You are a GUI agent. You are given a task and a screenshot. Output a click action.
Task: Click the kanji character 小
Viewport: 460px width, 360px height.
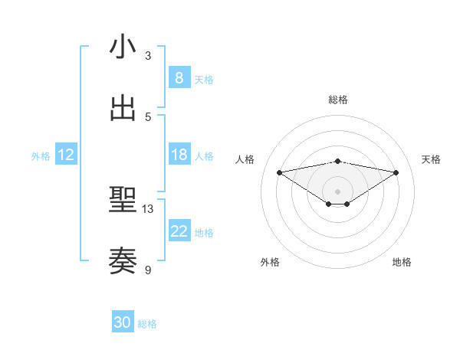[123, 47]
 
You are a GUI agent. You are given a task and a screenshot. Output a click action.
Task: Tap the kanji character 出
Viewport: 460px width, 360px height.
[123, 108]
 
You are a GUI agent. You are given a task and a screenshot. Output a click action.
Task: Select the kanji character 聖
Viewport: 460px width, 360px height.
[123, 200]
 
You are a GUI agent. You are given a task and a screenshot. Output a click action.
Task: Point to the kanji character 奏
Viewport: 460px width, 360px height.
[123, 261]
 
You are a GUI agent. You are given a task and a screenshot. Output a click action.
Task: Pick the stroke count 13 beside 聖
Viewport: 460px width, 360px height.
[148, 209]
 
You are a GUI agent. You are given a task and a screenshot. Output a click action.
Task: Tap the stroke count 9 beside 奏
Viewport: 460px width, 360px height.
[148, 270]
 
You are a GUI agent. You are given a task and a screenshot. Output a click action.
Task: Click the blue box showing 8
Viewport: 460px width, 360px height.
[179, 77]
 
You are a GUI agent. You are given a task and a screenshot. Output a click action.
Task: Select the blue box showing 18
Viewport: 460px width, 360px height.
[179, 154]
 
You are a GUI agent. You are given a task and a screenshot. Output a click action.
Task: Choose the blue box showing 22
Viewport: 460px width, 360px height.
[179, 231]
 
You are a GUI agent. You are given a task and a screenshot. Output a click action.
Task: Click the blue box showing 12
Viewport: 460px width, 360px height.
[66, 155]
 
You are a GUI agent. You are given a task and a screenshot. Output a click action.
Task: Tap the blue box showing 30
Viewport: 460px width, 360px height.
[122, 322]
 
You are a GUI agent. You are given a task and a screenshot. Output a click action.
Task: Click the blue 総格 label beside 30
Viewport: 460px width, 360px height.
[147, 324]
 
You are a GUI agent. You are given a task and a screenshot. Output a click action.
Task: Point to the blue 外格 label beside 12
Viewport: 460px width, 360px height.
[41, 156]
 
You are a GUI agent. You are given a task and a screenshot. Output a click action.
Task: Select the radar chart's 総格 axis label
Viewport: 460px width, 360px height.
[338, 100]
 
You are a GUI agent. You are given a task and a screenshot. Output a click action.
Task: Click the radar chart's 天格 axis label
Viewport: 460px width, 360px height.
[431, 159]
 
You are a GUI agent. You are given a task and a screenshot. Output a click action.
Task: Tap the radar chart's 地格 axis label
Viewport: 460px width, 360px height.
[402, 262]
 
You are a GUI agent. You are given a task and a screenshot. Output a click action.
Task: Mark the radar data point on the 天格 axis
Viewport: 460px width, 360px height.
[396, 172]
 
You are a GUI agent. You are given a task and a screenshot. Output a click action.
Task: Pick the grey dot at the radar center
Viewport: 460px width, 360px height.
[338, 191]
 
